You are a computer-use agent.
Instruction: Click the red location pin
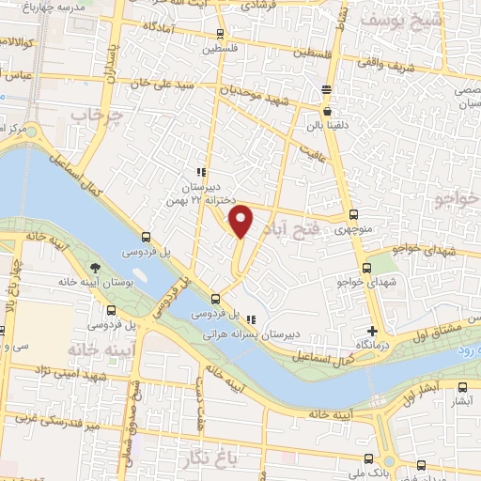click(241, 221)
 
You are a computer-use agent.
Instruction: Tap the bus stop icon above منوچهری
click(353, 214)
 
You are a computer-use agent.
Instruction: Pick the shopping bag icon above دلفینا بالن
click(327, 109)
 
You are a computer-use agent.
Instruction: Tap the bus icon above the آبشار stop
click(461, 386)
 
